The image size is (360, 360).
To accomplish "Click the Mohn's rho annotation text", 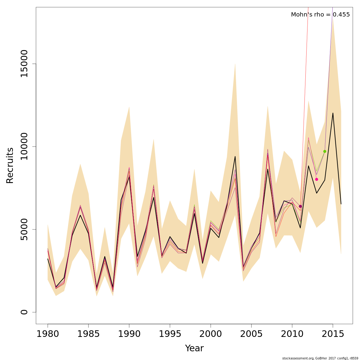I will coord(320,14).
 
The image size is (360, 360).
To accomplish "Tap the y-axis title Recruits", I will coord(10,165).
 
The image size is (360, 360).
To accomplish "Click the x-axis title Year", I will coord(194,348).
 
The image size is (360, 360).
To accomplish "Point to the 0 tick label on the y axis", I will coord(24,312).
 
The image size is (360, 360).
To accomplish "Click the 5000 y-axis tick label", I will coord(24,229).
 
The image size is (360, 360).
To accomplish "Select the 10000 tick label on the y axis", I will coord(24,146).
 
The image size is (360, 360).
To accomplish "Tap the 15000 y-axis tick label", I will coord(24,64).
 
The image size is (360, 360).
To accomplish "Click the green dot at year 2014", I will coord(325,151).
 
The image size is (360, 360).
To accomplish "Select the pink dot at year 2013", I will coord(316,179).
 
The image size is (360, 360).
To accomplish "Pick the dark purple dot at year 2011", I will coord(300,206).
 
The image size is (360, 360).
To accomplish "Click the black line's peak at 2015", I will coord(333,113).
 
